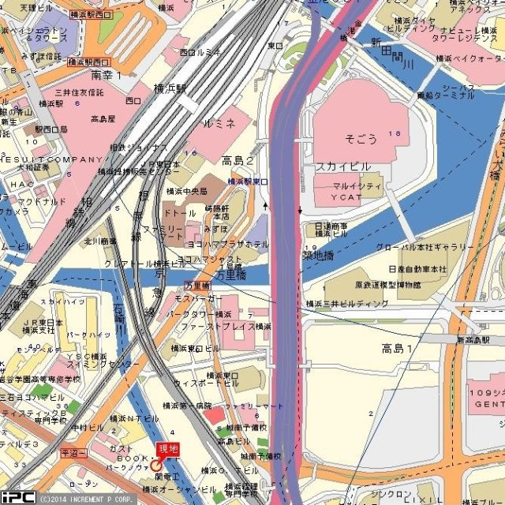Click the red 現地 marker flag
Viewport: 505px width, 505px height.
(x=168, y=448)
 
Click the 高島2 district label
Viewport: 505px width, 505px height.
(x=238, y=161)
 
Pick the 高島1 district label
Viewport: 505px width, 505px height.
(x=397, y=348)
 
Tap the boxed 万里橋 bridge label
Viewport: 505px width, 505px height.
(x=196, y=284)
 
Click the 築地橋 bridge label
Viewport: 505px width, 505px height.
(x=318, y=255)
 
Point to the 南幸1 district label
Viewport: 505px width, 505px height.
(x=107, y=75)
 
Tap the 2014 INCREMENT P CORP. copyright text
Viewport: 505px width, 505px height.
(x=87, y=499)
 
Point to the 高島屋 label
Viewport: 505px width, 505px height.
(x=103, y=119)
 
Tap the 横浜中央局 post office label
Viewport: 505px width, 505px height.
(x=186, y=191)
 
